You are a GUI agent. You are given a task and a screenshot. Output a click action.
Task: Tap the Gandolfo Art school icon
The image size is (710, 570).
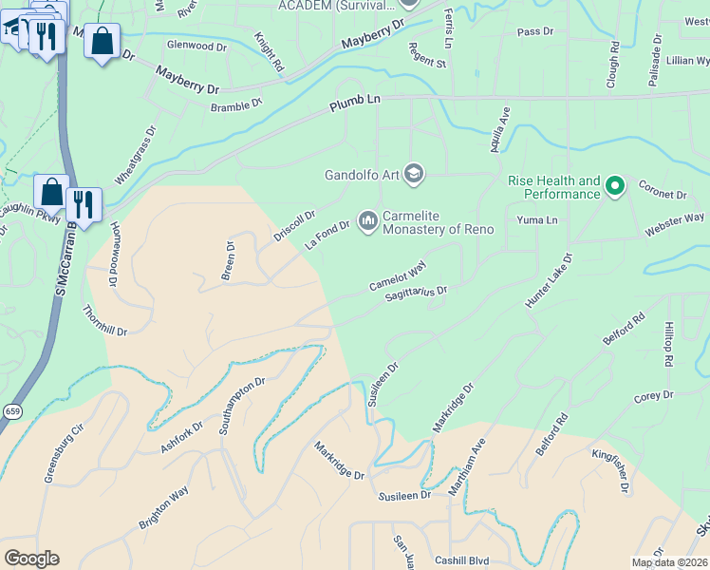click(x=413, y=174)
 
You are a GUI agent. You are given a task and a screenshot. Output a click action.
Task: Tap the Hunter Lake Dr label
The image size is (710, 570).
click(x=550, y=279)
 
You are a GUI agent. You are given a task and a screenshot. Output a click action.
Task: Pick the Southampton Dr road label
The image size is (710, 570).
click(x=237, y=407)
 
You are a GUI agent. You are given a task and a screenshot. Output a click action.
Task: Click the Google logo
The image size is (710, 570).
click(x=31, y=559)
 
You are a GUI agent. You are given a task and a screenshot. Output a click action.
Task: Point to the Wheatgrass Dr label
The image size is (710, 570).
click(x=134, y=157)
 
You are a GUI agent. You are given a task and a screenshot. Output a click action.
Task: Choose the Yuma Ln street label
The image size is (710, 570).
click(x=535, y=219)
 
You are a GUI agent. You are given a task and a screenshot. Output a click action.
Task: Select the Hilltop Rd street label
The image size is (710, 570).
click(x=670, y=344)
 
